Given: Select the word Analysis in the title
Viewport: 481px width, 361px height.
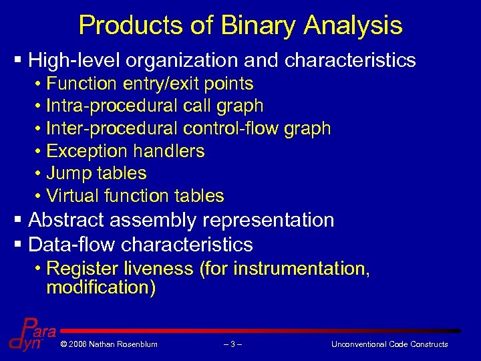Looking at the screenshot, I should (353, 25).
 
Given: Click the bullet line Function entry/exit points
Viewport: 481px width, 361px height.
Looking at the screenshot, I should (150, 84).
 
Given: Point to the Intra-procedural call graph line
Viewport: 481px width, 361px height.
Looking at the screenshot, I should (155, 106).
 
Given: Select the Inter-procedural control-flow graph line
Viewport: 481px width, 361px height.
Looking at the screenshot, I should (188, 128).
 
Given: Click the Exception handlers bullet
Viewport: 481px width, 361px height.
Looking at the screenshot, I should (126, 151).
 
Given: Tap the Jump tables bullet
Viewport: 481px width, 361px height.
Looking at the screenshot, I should (96, 173).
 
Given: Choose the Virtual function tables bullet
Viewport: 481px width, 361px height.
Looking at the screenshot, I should (135, 196).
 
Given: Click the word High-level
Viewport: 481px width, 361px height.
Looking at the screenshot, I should (77, 61).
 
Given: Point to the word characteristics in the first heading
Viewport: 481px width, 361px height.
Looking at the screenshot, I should (350, 61).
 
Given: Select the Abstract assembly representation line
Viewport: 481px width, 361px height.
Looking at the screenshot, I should (181, 220).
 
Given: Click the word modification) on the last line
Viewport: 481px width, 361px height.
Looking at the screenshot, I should (101, 288).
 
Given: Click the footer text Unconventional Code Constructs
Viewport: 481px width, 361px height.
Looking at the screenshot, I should (389, 344).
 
